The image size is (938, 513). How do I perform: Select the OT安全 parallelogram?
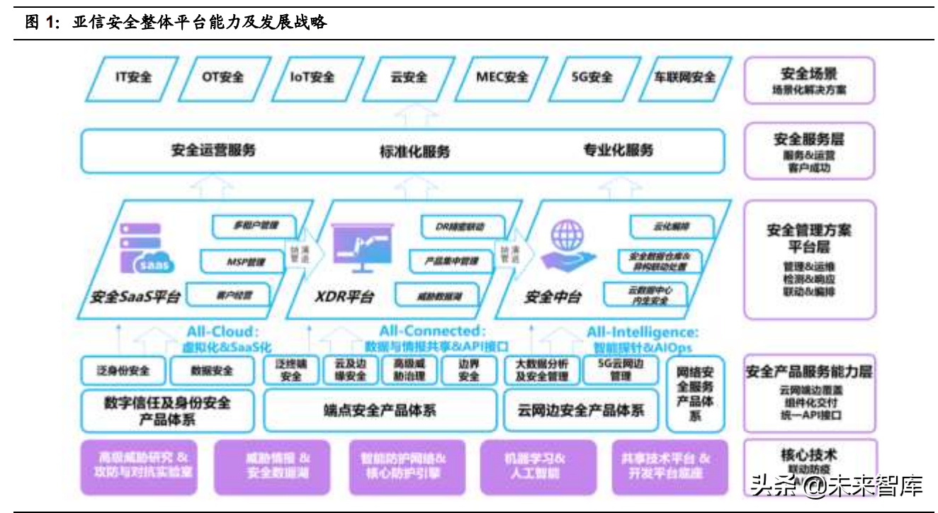pos(222,77)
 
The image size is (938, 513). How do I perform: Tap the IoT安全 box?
pos(312,77)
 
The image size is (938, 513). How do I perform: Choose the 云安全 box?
pos(409,77)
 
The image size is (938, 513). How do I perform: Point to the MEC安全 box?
pos(502,77)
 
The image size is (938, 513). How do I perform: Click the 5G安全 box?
pos(592,77)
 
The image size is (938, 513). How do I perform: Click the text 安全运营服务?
pos(213,150)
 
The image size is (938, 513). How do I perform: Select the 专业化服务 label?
pos(618,150)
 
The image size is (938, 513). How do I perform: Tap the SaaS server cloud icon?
pos(146,246)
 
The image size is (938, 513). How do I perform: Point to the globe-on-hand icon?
pos(568,244)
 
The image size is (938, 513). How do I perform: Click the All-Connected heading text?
pos(432,331)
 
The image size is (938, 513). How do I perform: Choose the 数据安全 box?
pos(212,371)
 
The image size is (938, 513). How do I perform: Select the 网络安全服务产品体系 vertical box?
pos(695,393)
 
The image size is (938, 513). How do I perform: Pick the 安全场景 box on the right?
pos(809,81)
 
